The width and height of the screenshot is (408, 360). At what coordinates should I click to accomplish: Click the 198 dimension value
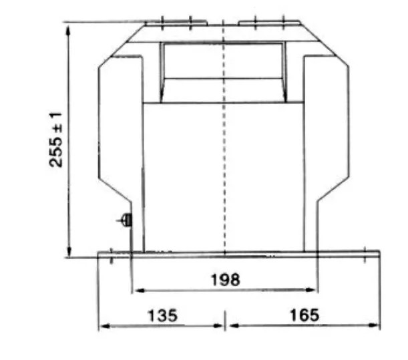point(225,280)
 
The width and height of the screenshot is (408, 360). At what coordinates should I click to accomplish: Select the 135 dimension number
point(163,315)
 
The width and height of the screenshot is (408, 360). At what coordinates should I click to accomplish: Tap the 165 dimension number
point(304,315)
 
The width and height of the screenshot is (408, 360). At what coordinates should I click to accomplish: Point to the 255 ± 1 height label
point(55,140)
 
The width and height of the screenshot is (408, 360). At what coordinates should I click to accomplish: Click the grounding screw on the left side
point(126,220)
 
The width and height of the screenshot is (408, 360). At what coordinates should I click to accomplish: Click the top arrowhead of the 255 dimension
point(68,31)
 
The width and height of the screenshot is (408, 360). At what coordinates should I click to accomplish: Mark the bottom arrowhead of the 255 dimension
point(69,252)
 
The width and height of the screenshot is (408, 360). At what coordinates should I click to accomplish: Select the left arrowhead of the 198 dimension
point(138,291)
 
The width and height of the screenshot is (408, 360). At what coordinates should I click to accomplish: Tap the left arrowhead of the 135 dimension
point(105,326)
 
